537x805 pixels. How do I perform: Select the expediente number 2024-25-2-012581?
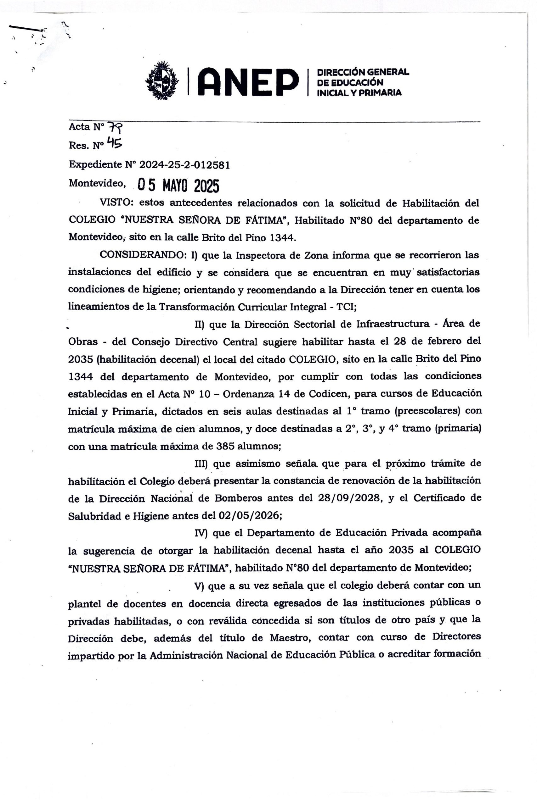point(184,165)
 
